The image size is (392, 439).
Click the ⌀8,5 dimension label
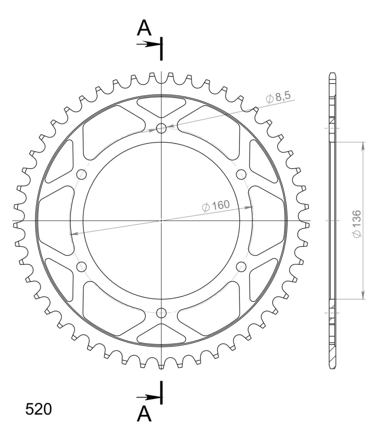click(x=278, y=97)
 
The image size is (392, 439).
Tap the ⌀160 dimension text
click(x=216, y=206)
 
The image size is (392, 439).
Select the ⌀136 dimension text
click(x=357, y=224)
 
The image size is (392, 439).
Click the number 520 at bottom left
click(x=39, y=409)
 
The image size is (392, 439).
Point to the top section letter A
click(x=144, y=28)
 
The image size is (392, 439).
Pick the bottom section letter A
click(x=144, y=414)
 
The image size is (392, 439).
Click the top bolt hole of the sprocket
click(x=161, y=129)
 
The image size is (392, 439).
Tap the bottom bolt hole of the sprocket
click(x=161, y=313)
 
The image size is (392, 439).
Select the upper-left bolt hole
click(x=81, y=175)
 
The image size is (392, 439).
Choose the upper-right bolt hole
click(x=241, y=175)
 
